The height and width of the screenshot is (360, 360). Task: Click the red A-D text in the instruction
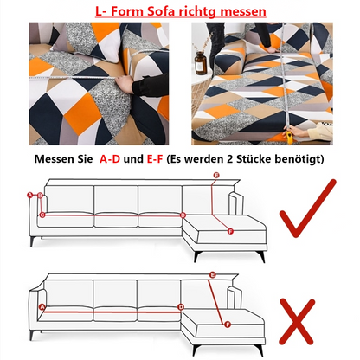[x=110, y=159]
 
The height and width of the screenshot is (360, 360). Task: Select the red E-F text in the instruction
[x=155, y=159]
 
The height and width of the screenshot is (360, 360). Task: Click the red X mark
[x=297, y=321]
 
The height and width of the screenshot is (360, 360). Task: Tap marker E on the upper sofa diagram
[x=216, y=175]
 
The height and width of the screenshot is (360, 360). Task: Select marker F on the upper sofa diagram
[x=230, y=231]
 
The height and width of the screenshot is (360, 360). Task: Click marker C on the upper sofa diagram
[x=42, y=215]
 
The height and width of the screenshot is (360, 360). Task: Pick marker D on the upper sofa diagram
[x=183, y=215]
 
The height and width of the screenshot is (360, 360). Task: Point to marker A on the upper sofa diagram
[x=29, y=196]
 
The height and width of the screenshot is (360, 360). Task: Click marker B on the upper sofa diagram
[x=41, y=196]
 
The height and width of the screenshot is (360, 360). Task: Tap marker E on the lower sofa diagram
[x=213, y=275]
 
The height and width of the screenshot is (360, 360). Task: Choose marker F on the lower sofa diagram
[x=228, y=325]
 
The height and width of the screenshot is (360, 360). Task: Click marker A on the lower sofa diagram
[x=42, y=307]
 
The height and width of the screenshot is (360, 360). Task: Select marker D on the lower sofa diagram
[x=181, y=307]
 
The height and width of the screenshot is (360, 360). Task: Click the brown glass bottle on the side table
[x=201, y=62]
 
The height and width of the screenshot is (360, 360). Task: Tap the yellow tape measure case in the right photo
[x=289, y=136]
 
